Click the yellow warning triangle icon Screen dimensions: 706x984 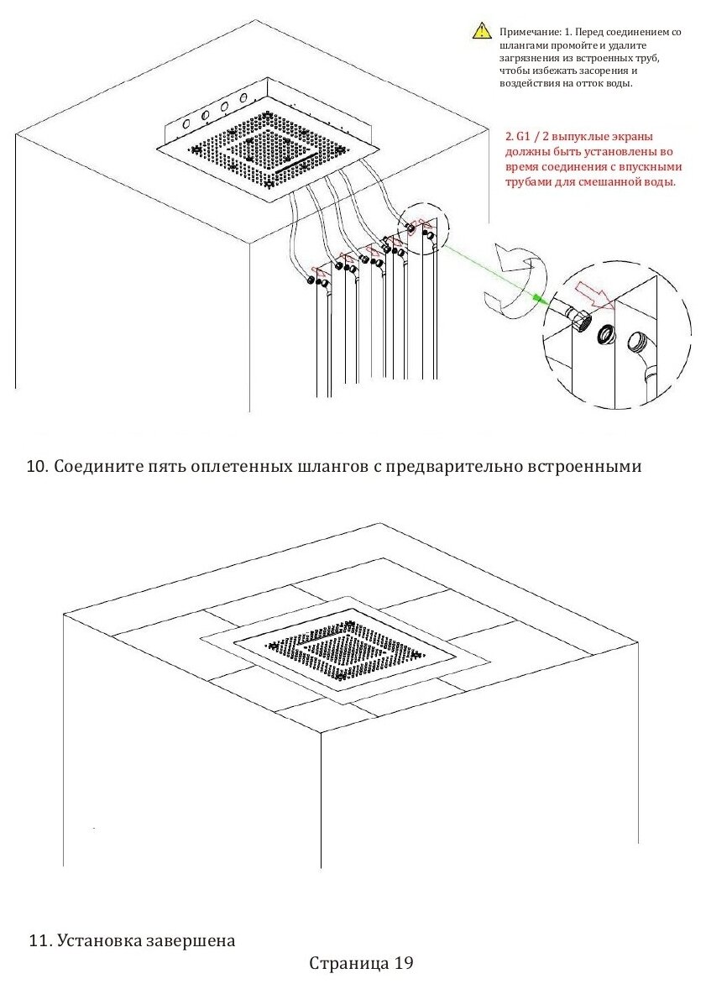[481, 32]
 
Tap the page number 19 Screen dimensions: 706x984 [404, 962]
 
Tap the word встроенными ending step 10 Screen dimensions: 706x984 [583, 467]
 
